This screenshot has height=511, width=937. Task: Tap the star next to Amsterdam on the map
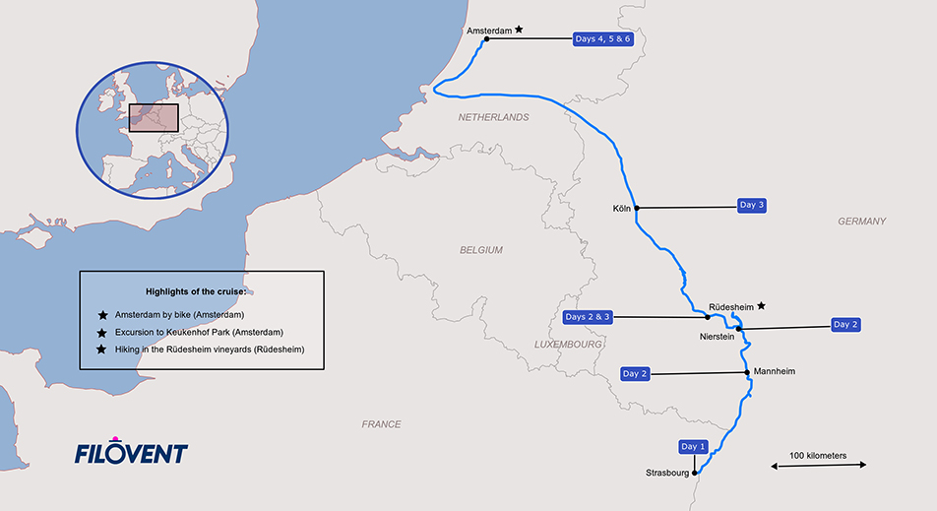click(519, 31)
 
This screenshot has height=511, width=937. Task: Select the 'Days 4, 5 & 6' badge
click(602, 38)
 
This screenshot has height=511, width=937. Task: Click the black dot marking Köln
click(637, 208)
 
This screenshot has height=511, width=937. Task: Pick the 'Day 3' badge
click(751, 205)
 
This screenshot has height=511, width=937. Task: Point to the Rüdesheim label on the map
click(730, 306)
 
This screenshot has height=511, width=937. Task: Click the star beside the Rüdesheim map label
click(761, 306)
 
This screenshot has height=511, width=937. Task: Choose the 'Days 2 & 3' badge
click(589, 317)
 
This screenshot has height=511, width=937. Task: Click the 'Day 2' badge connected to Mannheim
click(635, 374)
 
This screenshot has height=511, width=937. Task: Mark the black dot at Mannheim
click(748, 372)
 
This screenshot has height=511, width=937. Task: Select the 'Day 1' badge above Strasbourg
click(693, 446)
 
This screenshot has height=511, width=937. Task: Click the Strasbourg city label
click(667, 473)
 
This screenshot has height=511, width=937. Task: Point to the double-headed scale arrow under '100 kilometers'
click(817, 466)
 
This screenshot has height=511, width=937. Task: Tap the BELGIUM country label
click(481, 250)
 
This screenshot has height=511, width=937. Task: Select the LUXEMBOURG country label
click(568, 345)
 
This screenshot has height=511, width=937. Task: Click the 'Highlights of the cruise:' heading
click(197, 291)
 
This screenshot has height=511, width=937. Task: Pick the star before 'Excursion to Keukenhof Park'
click(102, 333)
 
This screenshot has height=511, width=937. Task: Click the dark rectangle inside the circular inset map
click(153, 118)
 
